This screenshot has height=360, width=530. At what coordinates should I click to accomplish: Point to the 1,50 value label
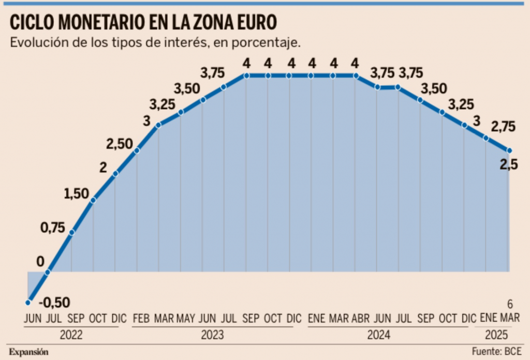pyautogui.click(x=77, y=194)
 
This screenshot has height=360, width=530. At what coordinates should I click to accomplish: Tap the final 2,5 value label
pyautogui.click(x=510, y=165)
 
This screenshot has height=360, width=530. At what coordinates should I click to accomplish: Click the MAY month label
pyautogui.click(x=186, y=318)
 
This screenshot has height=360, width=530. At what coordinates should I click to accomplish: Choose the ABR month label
pyautogui.click(x=360, y=318)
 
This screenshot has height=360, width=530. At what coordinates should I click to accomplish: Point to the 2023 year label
pyautogui.click(x=212, y=336)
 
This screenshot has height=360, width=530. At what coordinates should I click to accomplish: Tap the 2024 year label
pyautogui.click(x=378, y=336)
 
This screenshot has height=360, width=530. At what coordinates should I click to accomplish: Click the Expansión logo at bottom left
pyautogui.click(x=28, y=352)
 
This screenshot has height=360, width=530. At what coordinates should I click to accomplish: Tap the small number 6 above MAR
pyautogui.click(x=510, y=304)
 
